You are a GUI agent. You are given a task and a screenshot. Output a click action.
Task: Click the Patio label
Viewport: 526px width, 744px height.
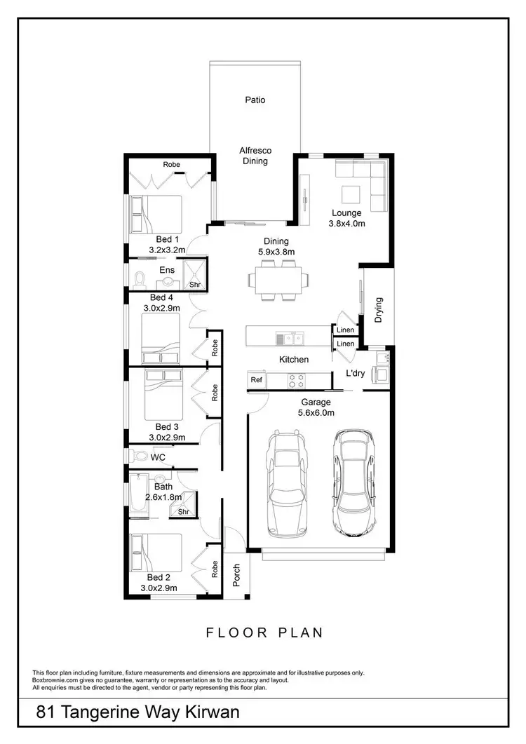tap(255, 100)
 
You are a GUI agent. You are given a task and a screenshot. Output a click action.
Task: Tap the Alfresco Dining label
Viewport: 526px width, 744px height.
tap(255, 156)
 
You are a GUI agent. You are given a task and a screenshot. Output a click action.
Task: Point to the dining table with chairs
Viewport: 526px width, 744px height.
tap(277, 280)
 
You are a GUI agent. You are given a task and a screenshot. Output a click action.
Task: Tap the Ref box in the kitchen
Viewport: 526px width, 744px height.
tap(256, 379)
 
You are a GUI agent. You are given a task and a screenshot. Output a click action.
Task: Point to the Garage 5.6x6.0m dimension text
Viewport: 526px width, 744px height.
tap(316, 408)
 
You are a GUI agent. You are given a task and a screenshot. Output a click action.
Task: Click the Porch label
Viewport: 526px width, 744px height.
tap(237, 574)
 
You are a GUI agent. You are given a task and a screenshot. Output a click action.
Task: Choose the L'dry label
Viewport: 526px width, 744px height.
tap(355, 373)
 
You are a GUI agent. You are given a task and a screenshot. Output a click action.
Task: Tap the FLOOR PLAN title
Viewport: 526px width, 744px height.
tap(264, 633)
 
